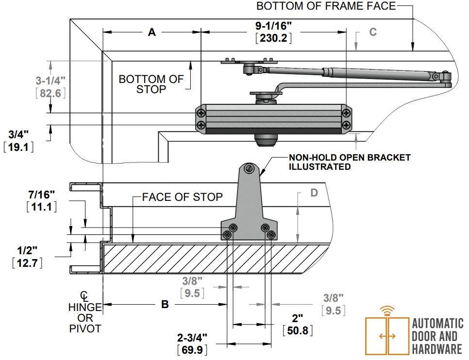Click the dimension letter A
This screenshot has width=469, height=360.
click(152, 32)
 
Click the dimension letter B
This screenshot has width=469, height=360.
click(165, 304)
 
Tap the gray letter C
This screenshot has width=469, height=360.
click(373, 32)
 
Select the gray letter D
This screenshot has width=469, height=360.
click(314, 193)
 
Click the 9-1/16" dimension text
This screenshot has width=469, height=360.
click(273, 26)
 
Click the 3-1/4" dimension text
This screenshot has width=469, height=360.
click(50, 81)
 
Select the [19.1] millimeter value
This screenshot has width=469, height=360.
click(18, 147)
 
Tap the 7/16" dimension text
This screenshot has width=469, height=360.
click(42, 195)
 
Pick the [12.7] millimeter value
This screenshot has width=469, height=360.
click(27, 263)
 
